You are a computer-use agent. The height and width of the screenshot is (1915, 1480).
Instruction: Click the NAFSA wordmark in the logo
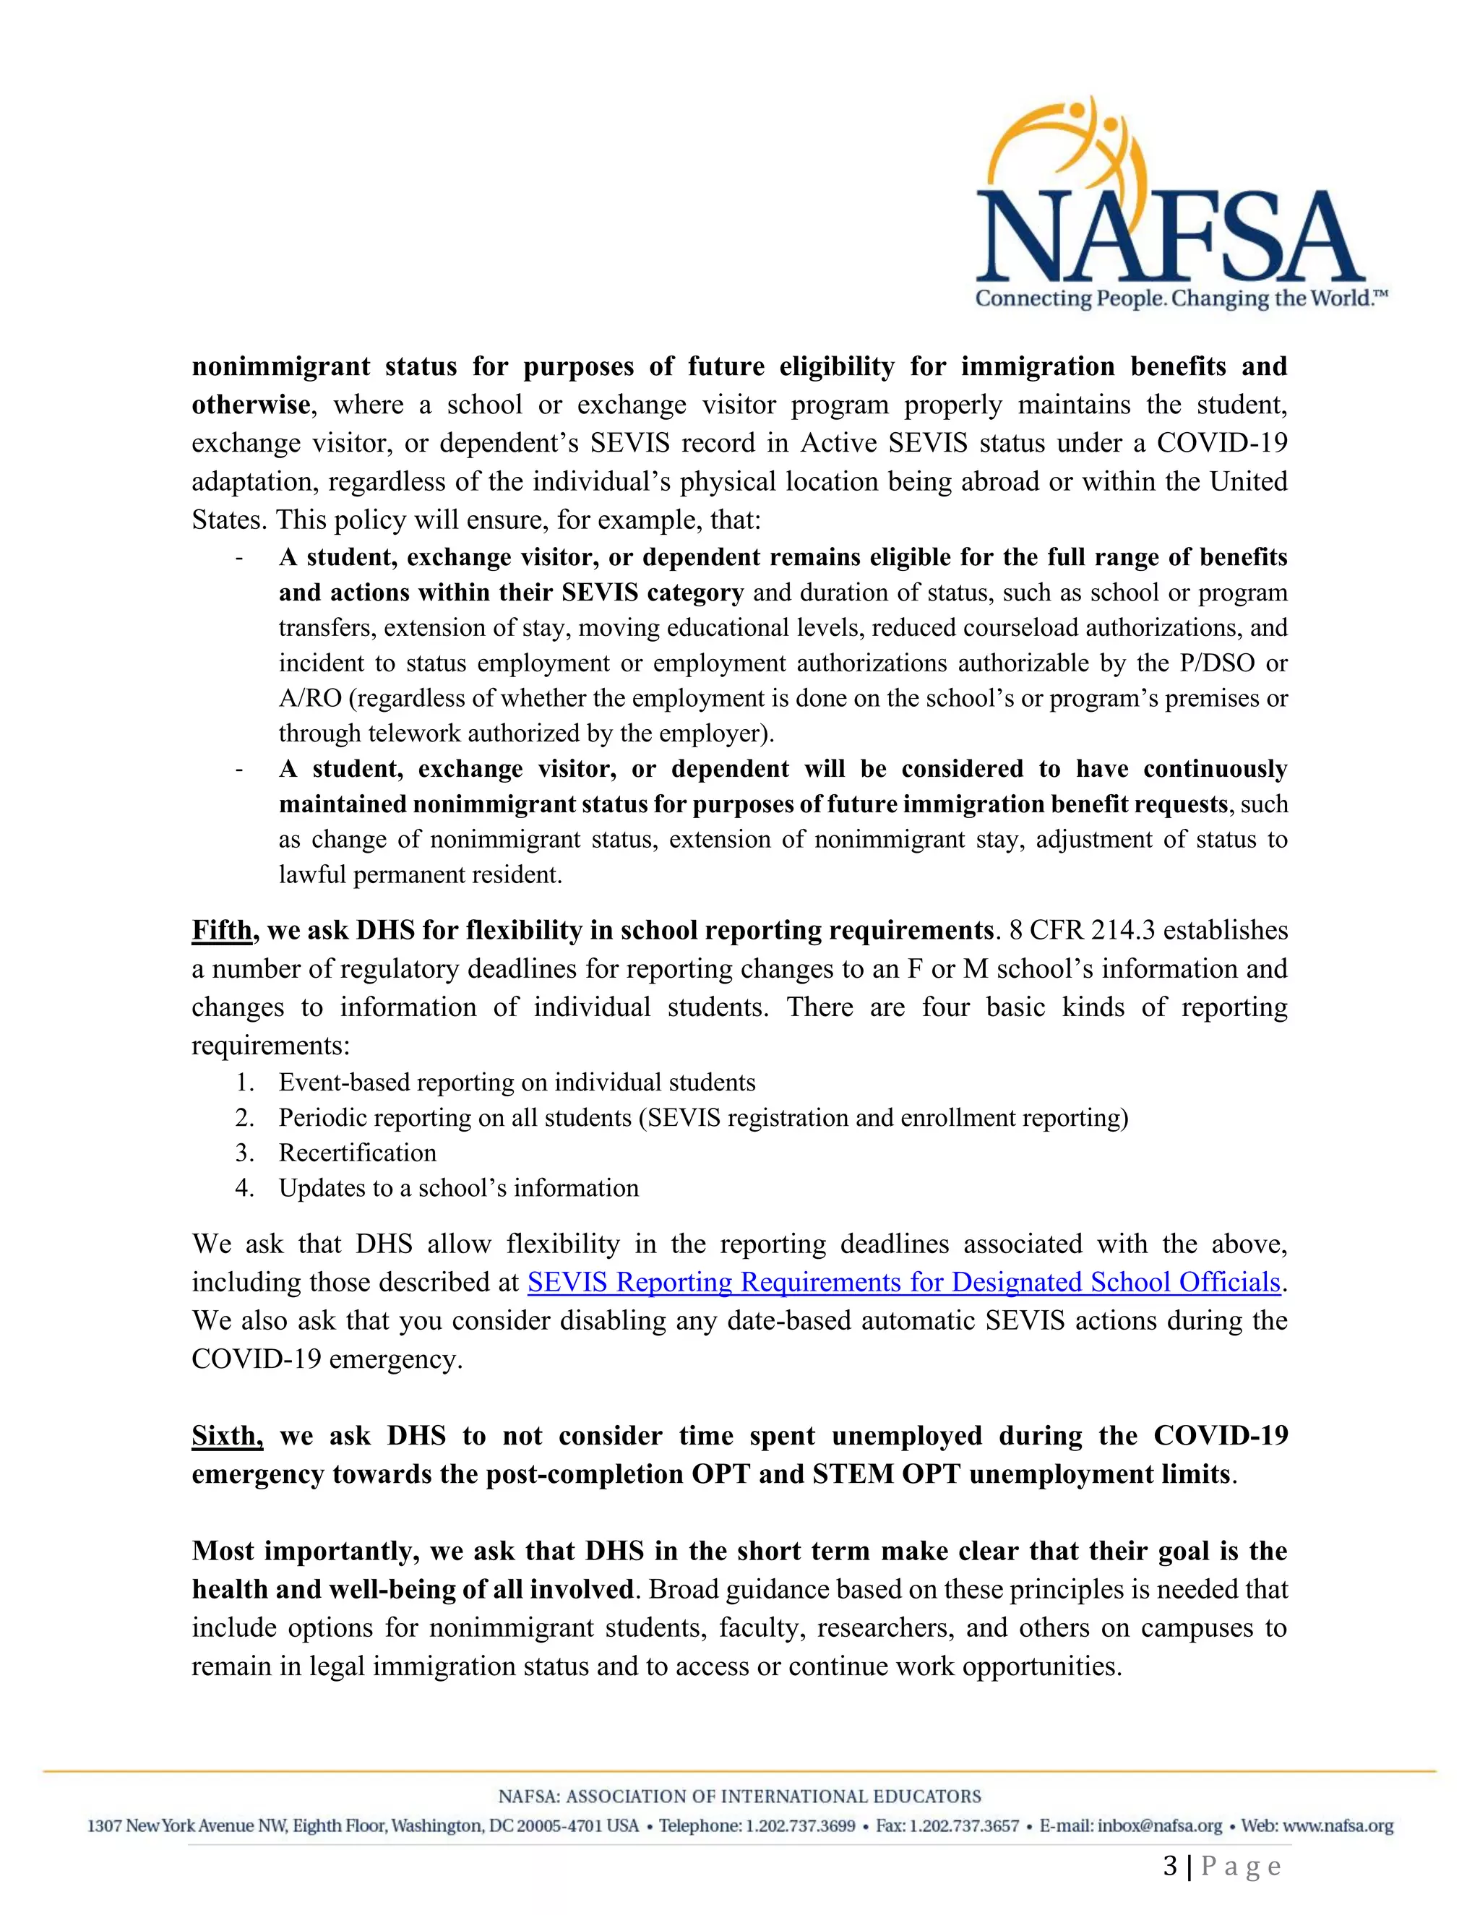(1170, 238)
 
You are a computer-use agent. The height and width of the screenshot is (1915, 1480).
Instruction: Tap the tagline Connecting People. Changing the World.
(1180, 299)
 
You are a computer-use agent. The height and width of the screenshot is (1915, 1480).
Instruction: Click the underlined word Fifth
(222, 930)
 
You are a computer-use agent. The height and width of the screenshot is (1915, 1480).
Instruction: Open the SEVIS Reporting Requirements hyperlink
(904, 1283)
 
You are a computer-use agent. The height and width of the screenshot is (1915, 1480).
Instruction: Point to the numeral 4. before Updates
(244, 1188)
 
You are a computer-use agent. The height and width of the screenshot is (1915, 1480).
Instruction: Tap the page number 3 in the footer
(1170, 1867)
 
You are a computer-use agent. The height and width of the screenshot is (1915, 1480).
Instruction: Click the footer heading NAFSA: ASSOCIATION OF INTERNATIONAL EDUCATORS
(739, 1796)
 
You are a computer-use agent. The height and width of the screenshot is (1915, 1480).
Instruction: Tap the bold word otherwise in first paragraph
(251, 405)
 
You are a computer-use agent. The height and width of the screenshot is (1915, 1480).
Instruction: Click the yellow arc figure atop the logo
(1065, 140)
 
